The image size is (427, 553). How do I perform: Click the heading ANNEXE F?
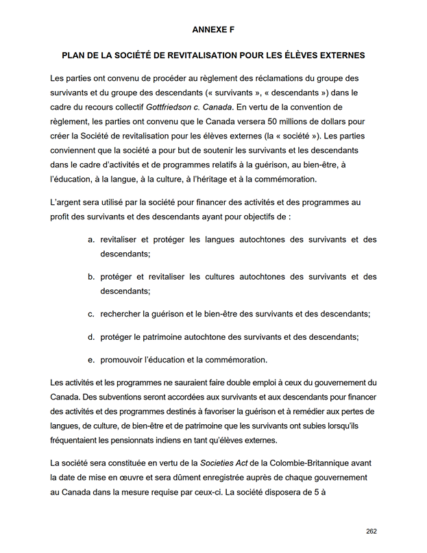click(x=213, y=29)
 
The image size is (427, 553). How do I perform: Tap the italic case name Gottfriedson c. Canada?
click(x=188, y=107)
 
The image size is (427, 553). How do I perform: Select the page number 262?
click(x=371, y=531)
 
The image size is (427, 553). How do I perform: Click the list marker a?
click(x=91, y=240)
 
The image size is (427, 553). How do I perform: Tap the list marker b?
click(x=91, y=277)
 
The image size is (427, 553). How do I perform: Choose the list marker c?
click(x=91, y=314)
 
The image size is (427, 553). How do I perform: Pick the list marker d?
click(x=91, y=336)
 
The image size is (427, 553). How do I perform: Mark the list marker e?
click(x=91, y=360)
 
